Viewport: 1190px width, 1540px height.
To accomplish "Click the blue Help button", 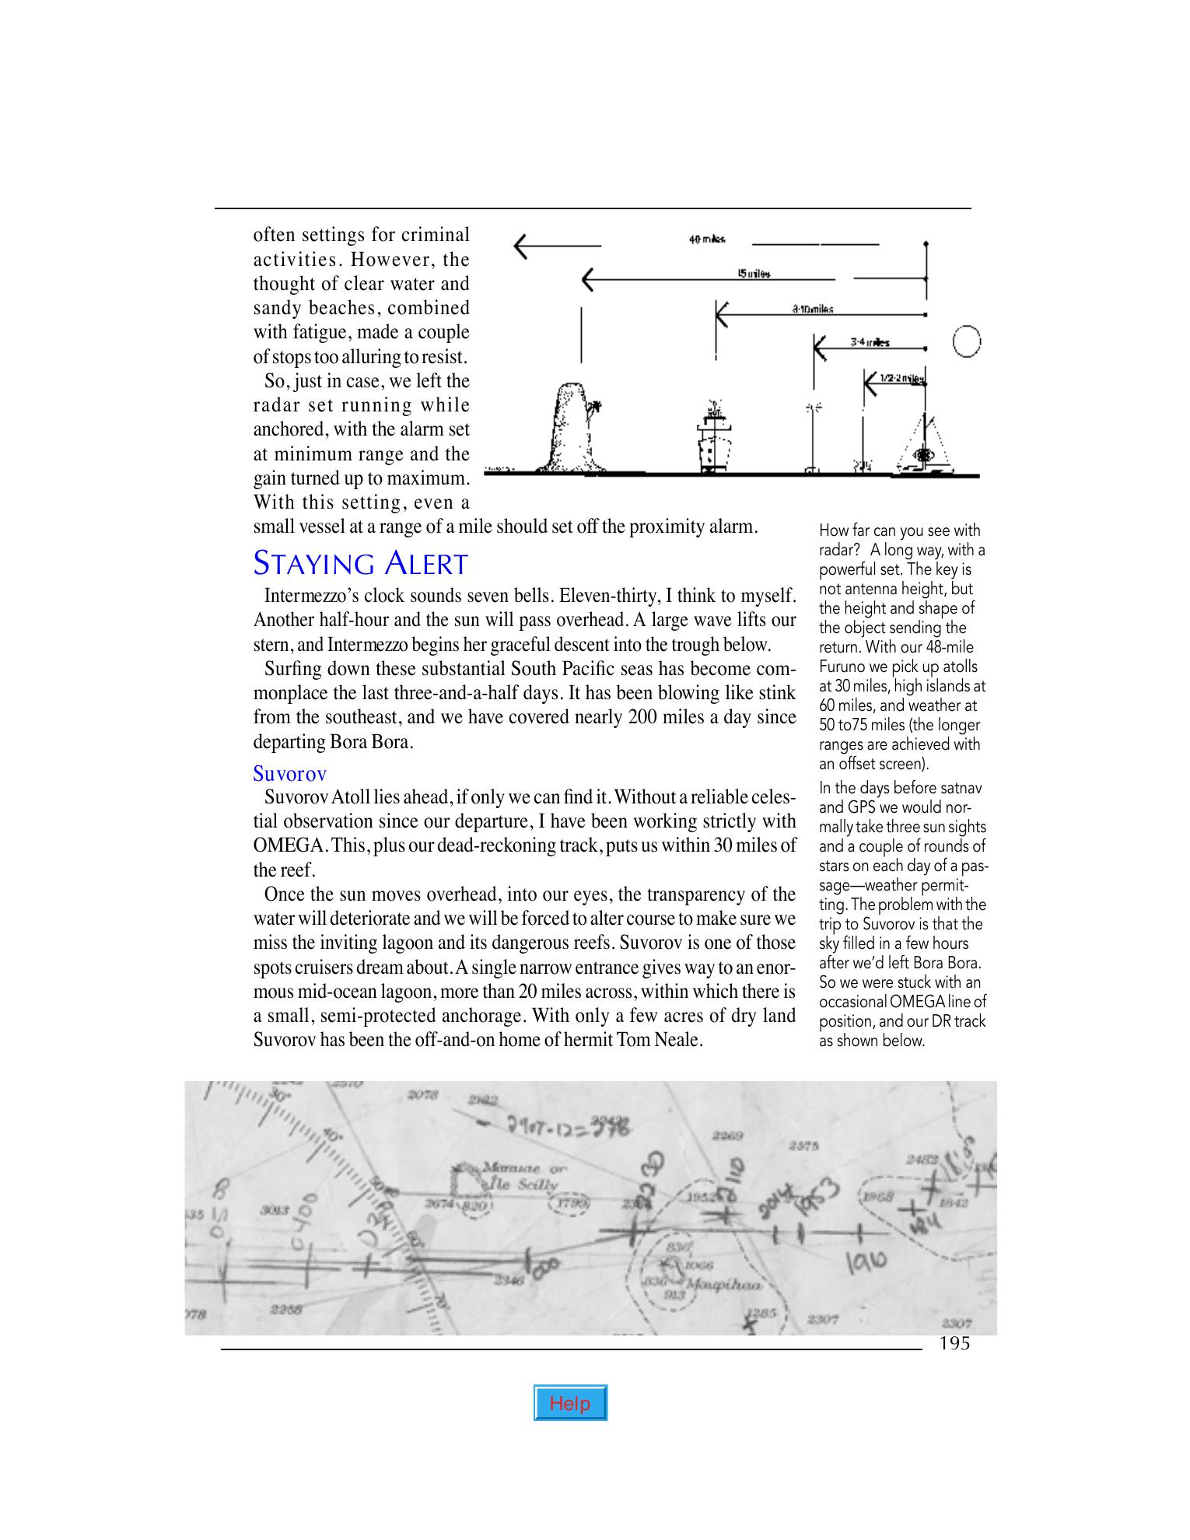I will pos(570,1403).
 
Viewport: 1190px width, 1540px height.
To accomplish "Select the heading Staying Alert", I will pos(360,564).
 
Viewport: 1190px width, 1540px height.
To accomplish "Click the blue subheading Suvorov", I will pos(289,773).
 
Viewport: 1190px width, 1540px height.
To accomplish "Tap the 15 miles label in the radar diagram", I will pos(754,273).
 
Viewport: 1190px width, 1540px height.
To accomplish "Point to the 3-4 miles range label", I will pos(870,342).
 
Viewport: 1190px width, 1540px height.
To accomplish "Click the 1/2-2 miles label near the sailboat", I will pos(902,379).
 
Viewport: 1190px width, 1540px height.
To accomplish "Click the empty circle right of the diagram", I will pos(965,341).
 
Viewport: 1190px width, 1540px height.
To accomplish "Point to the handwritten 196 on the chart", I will pos(866,1259).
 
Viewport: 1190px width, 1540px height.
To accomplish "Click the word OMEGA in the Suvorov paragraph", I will pos(285,845).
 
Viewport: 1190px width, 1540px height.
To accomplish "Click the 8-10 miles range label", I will pos(813,309).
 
